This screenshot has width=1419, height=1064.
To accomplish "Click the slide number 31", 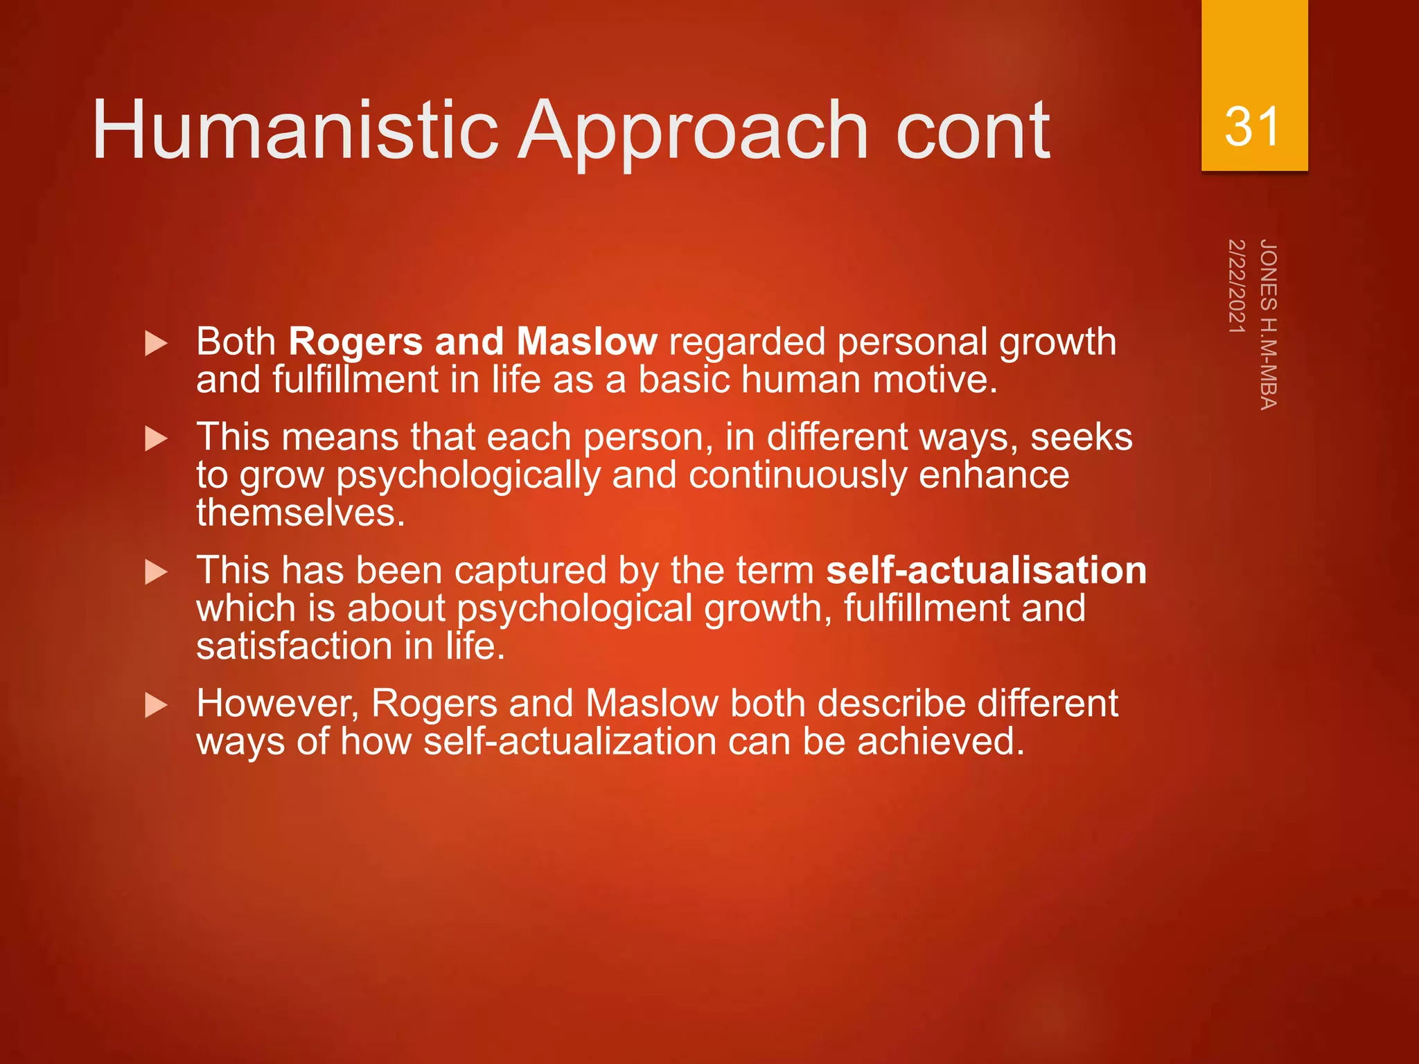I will pos(1252,127).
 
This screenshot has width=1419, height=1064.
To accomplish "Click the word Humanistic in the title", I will pos(294,130).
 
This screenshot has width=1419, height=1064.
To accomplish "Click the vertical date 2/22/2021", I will pos(1237,286).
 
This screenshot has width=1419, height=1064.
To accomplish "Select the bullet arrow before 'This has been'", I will pos(157,572).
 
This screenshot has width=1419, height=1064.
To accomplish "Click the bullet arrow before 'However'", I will pos(157,706).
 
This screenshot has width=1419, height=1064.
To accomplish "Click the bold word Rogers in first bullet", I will pos(355,342).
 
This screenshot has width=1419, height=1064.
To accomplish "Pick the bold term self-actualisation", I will pos(986,571).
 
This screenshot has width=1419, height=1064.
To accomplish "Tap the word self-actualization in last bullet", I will pos(570,742).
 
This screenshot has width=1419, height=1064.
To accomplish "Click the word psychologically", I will pos(468,477).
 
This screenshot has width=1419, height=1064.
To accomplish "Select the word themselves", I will pos(299,513).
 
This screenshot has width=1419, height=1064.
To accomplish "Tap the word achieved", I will pos(940,742).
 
